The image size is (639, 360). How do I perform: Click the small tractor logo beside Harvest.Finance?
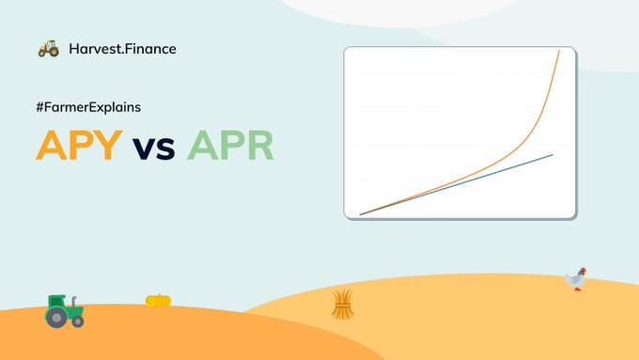[x=49, y=49]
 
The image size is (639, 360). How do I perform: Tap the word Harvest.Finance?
[x=123, y=49]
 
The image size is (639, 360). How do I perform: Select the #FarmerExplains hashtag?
[x=88, y=107]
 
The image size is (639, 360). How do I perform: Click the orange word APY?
[x=79, y=145]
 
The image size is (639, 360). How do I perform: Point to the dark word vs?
[x=154, y=148]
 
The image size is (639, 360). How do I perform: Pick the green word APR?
[x=230, y=145]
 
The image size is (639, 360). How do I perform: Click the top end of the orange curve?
[x=559, y=51]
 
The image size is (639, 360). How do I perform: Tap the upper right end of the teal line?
[x=553, y=155]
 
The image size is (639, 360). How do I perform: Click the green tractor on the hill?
[x=65, y=311]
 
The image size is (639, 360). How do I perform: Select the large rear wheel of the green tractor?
[x=55, y=317]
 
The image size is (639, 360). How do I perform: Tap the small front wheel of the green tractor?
[x=78, y=321]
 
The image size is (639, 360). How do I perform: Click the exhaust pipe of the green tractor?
[x=74, y=302]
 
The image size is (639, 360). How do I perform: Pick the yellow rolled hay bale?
[x=158, y=301]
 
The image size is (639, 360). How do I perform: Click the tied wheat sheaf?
[x=342, y=305]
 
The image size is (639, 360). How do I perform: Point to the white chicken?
[x=576, y=279]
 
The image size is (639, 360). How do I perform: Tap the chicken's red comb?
[x=584, y=270]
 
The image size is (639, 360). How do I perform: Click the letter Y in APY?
[x=107, y=145]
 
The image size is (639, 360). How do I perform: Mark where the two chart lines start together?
[x=360, y=214]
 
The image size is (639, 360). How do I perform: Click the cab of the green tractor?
[x=57, y=302]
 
